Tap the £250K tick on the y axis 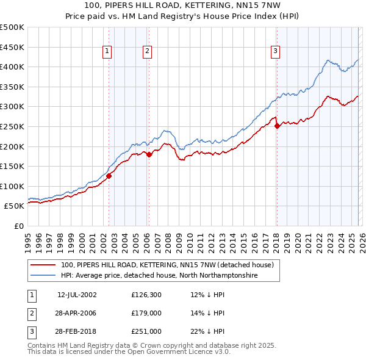pos(12,126)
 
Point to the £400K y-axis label pos(12,67)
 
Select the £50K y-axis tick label pos(14,206)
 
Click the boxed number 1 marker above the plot pos(107,52)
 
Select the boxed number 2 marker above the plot pos(148,52)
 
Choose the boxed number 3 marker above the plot pos(275,52)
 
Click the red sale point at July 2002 pos(109,176)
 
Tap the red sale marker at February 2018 pos(277,126)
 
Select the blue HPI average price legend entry pos(159,276)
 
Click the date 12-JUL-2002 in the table pos(77,294)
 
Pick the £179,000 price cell pos(146,313)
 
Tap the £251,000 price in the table pos(146,331)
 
